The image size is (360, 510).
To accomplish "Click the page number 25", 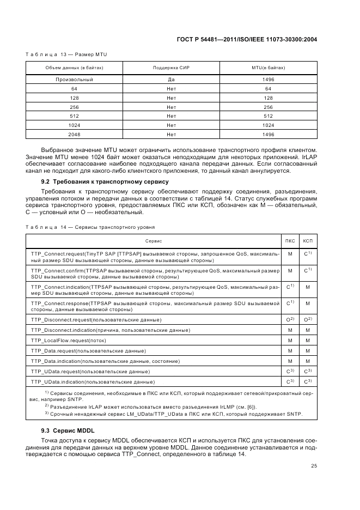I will [313, 465].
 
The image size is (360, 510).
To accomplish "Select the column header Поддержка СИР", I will [171, 68].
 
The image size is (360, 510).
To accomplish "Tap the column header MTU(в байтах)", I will [268, 68].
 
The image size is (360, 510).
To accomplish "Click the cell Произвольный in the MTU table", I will [74, 80].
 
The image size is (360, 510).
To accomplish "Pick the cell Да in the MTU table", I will [171, 80].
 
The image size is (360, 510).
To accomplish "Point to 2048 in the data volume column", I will [74, 134].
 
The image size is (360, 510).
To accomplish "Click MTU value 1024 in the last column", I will [268, 125].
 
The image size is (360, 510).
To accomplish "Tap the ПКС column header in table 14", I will [290, 240].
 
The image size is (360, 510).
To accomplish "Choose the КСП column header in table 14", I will [308, 240].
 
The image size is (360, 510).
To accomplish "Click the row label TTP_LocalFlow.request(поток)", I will [70, 340].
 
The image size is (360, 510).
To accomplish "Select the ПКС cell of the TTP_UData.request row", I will [290, 371].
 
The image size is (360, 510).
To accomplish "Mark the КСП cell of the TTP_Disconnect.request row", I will [308, 319].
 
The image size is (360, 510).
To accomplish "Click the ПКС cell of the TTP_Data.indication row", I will [290, 361].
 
